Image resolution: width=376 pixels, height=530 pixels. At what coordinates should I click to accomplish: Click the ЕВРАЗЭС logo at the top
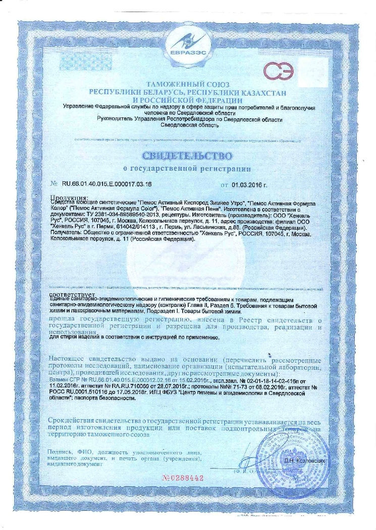tap(188, 41)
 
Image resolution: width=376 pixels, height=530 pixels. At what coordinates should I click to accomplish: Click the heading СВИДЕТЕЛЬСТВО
tap(187, 154)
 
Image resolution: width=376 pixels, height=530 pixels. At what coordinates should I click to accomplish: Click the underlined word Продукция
tap(69, 197)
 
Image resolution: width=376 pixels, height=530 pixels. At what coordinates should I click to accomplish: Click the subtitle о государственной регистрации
tap(187, 167)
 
